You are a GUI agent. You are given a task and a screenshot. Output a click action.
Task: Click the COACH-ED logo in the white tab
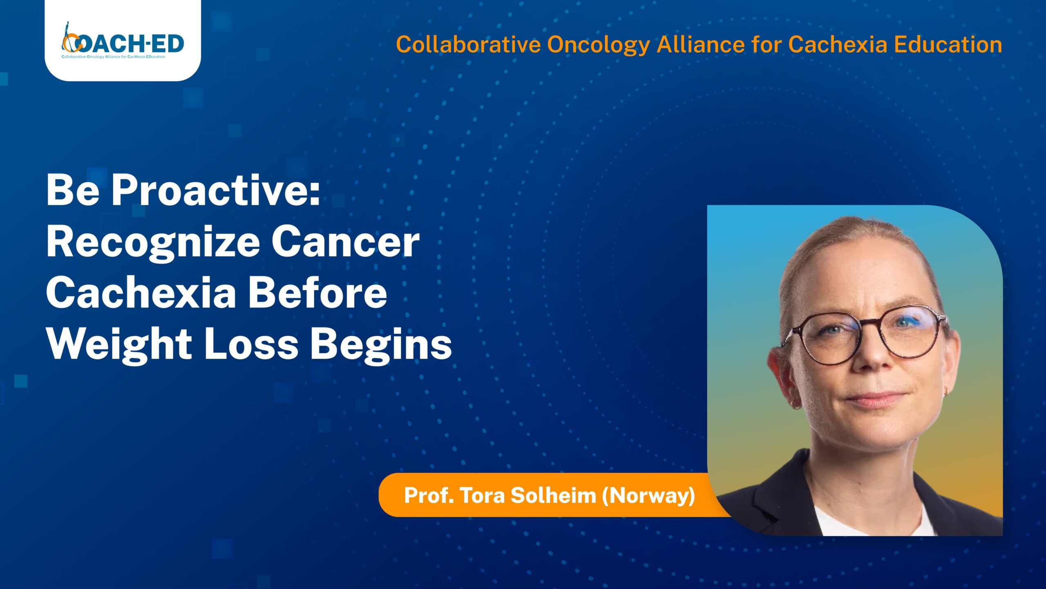click(123, 43)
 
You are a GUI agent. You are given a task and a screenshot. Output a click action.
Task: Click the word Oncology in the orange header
click(598, 45)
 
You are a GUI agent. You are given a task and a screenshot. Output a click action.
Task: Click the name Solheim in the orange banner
click(553, 495)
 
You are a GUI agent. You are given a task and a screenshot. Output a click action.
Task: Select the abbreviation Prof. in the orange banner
click(429, 495)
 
